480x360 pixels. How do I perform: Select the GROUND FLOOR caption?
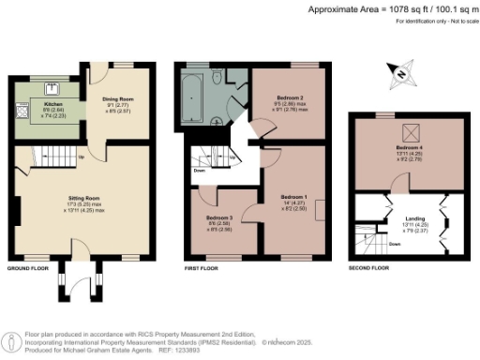pos(27,268)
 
